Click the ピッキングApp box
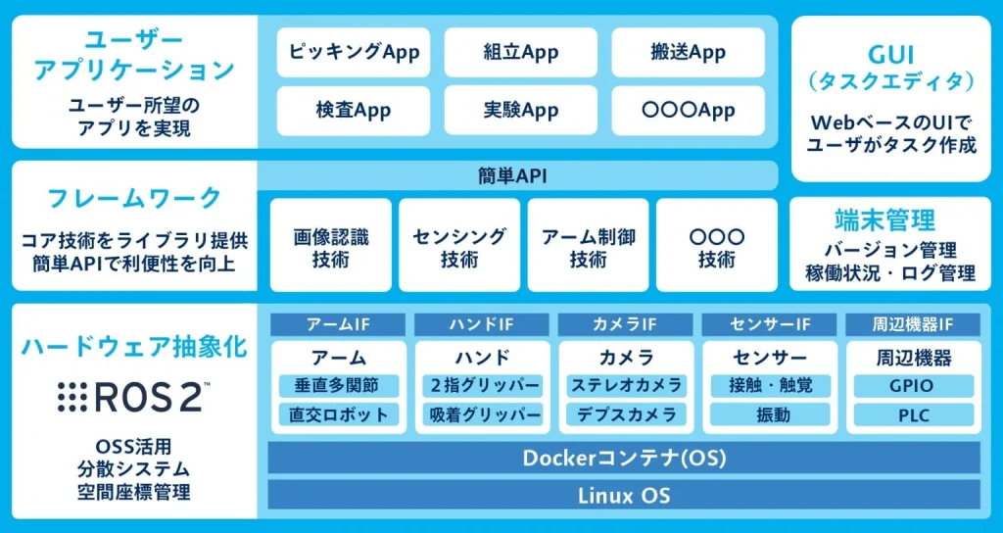[x=353, y=52]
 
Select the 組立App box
[x=520, y=52]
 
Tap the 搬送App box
[x=688, y=52]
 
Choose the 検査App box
[x=353, y=111]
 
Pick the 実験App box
[x=520, y=111]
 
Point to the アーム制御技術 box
[x=588, y=247]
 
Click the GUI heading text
[x=890, y=54]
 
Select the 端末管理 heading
[x=890, y=219]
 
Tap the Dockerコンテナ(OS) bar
[x=624, y=458]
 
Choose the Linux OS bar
[x=624, y=495]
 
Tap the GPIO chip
[x=913, y=386]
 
